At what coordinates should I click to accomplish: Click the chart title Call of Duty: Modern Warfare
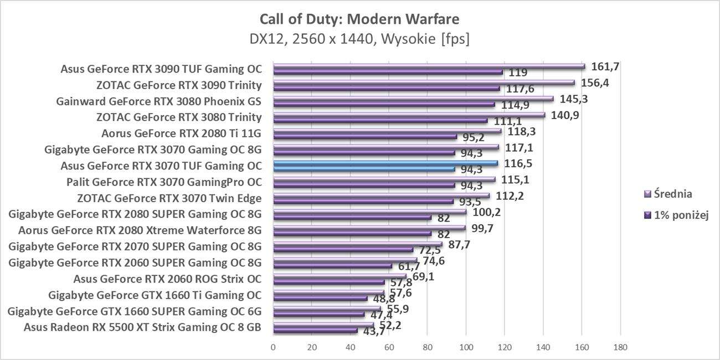click(359, 19)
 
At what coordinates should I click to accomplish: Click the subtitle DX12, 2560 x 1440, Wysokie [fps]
click(359, 40)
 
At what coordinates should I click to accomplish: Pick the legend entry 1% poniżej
click(677, 214)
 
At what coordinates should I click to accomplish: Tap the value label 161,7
click(605, 66)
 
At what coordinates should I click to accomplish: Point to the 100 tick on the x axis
click(466, 347)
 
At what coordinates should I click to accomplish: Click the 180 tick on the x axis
click(620, 347)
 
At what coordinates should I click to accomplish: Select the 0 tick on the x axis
click(273, 347)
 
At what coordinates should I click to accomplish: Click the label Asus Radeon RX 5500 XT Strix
click(142, 327)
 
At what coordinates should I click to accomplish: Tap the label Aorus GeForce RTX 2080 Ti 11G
click(181, 133)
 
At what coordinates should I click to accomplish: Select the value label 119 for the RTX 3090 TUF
click(518, 73)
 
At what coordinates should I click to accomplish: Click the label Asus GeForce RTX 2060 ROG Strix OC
click(167, 279)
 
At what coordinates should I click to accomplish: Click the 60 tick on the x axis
click(389, 347)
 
